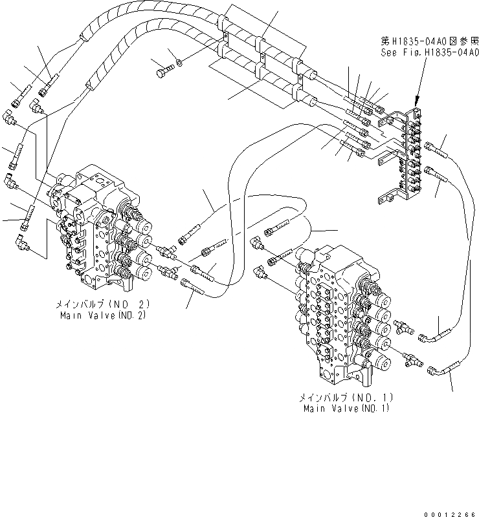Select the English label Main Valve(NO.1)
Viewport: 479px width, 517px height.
348,408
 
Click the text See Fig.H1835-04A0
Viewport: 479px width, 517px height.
430,52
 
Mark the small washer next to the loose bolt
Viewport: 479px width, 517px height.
179,63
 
